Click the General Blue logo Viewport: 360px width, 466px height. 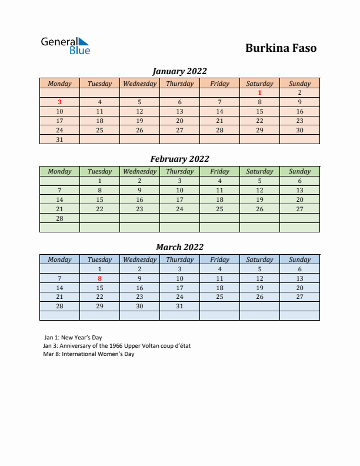[65, 46]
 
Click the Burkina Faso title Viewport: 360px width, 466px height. [281, 48]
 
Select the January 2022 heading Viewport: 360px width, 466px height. [179, 71]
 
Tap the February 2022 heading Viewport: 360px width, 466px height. [179, 159]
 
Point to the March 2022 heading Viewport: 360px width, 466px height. [179, 247]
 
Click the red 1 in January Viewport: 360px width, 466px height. [259, 92]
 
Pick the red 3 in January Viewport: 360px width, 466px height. [59, 102]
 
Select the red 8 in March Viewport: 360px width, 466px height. [99, 278]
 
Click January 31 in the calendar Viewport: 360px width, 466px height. [59, 139]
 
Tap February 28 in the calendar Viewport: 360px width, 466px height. [59, 218]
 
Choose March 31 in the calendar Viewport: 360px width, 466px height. [179, 307]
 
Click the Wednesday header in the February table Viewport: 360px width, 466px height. [139, 171]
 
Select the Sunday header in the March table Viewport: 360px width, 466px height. [299, 259]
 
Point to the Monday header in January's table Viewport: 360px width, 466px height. [59, 84]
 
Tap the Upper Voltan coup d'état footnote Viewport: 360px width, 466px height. [117, 346]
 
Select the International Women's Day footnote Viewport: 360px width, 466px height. [89, 354]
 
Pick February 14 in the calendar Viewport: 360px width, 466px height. [59, 199]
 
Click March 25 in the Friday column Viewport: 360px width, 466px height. [219, 297]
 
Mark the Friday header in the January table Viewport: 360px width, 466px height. [219, 84]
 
